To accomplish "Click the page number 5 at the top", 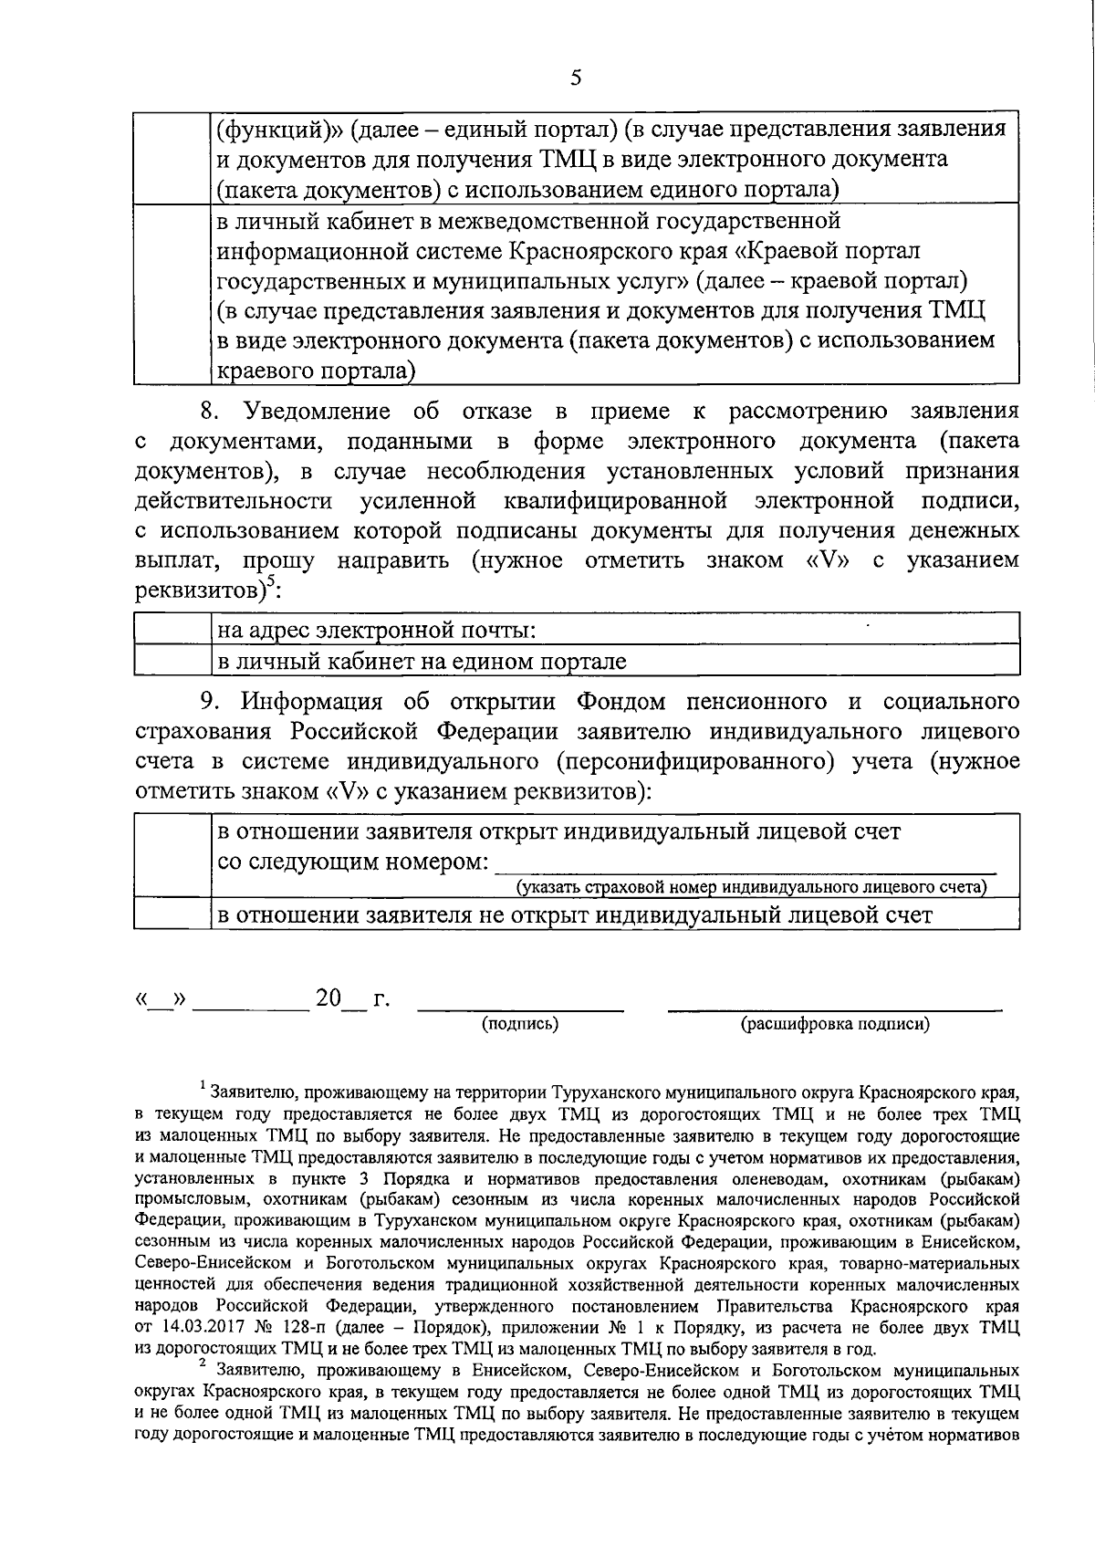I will (x=575, y=78).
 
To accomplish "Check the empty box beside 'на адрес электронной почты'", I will (x=172, y=630).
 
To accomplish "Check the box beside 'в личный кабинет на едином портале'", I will (x=172, y=661).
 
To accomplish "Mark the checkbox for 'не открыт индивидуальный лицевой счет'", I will (x=172, y=914).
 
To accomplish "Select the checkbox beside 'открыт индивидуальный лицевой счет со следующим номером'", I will (x=172, y=858).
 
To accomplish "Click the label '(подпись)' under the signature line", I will (x=520, y=1024).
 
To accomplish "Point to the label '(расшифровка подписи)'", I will (x=835, y=1024).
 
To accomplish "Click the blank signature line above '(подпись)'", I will (x=520, y=1008).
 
